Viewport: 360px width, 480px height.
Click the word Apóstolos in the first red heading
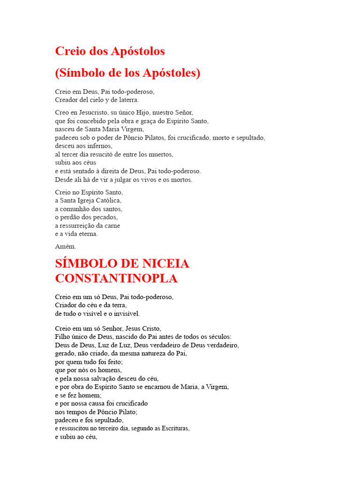click(138, 51)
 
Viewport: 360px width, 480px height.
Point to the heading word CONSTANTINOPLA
click(116, 278)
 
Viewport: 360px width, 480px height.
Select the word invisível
click(125, 314)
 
